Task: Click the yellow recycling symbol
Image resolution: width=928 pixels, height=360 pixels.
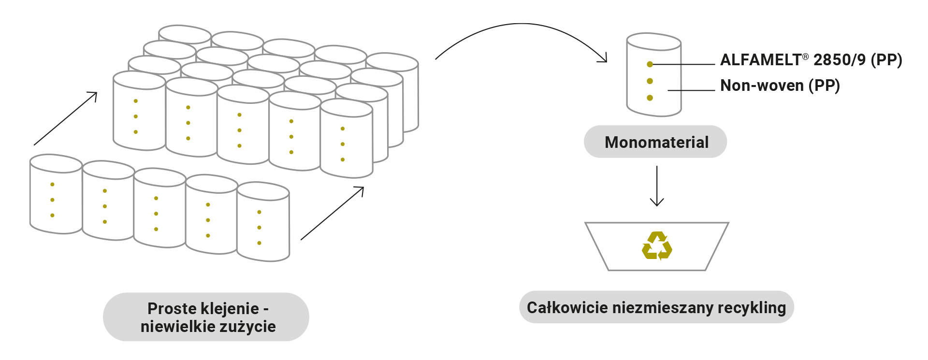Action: point(656,246)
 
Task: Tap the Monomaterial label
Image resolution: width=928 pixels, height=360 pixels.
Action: point(656,142)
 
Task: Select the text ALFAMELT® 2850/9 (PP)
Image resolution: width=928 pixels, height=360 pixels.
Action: point(810,60)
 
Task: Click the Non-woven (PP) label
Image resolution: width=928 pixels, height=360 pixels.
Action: point(780,86)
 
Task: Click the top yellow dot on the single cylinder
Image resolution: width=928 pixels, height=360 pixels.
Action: point(650,64)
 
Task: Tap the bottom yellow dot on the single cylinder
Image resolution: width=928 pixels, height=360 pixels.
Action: point(650,98)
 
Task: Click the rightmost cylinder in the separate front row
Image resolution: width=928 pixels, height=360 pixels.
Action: point(263,222)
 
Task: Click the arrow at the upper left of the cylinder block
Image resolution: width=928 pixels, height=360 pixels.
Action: point(66,119)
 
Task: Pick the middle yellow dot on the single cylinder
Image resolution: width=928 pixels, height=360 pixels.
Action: point(650,81)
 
